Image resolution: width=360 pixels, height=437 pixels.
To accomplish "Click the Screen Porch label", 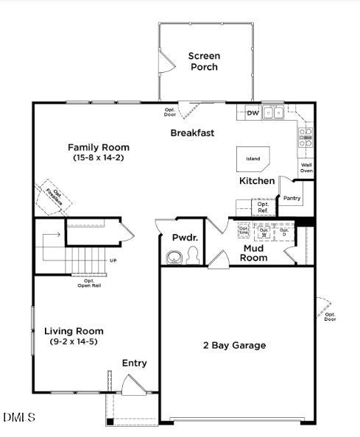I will (x=204, y=62).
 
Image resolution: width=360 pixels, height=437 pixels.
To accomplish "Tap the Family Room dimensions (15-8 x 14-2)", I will (x=99, y=157).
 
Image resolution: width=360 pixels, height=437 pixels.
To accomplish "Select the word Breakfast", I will (x=192, y=133).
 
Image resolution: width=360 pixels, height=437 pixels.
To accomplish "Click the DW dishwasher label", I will (x=253, y=113).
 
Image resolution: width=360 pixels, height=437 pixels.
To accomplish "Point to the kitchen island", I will (x=253, y=157).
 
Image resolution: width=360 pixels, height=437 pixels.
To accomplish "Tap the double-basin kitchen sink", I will (x=274, y=113).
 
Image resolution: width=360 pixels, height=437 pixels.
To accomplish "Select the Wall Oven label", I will (x=306, y=168).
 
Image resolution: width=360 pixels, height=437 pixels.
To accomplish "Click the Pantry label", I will (x=292, y=198).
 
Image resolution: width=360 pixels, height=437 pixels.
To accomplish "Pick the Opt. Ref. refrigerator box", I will (x=263, y=207).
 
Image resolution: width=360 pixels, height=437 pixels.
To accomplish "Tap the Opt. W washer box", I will (x=264, y=232).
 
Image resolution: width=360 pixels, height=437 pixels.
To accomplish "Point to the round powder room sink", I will (x=174, y=257).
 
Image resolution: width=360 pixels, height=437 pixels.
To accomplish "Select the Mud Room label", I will (x=255, y=253).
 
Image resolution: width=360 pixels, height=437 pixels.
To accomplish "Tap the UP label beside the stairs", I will (x=113, y=260).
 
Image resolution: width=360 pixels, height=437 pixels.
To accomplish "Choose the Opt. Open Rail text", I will (x=89, y=283).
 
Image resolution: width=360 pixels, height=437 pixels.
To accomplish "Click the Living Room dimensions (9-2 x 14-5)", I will (x=74, y=341).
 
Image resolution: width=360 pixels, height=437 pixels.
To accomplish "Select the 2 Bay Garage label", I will (x=235, y=345).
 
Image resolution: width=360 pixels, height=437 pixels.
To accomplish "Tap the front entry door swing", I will (x=133, y=384).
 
